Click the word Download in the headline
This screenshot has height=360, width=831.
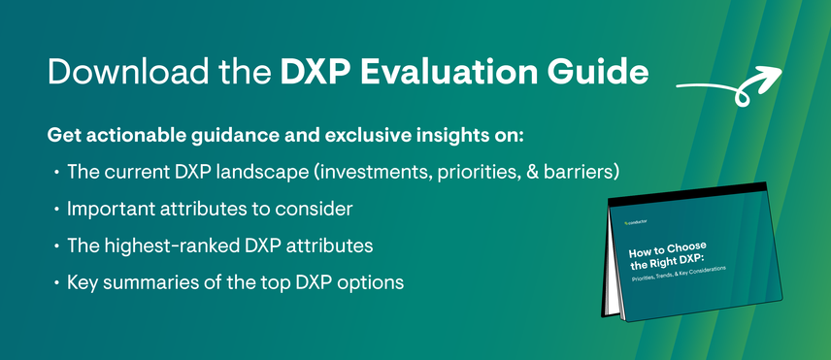(122, 72)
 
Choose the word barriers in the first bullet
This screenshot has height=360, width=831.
(584, 172)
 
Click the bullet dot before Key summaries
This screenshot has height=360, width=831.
(56, 283)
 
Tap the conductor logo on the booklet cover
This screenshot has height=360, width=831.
(636, 222)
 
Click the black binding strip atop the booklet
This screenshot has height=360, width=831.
(687, 194)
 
